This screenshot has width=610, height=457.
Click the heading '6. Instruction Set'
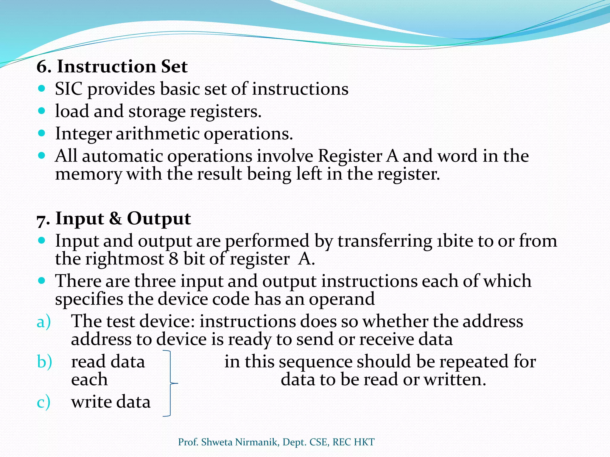coord(112,66)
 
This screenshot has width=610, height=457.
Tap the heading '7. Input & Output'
coord(113,219)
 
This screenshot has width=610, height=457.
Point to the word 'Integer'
coord(83,134)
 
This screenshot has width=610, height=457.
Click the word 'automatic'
coord(122,156)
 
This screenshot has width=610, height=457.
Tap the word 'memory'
coord(88,175)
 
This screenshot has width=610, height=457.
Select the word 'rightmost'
coord(125,259)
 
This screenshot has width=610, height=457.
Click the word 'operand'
coord(342,299)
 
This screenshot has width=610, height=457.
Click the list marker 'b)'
coord(44,362)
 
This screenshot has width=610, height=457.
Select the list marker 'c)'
coord(43,402)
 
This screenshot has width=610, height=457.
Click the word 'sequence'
coord(315,362)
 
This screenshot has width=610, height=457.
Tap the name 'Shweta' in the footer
coord(217,442)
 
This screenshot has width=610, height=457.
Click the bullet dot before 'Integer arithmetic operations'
coord(42,133)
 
